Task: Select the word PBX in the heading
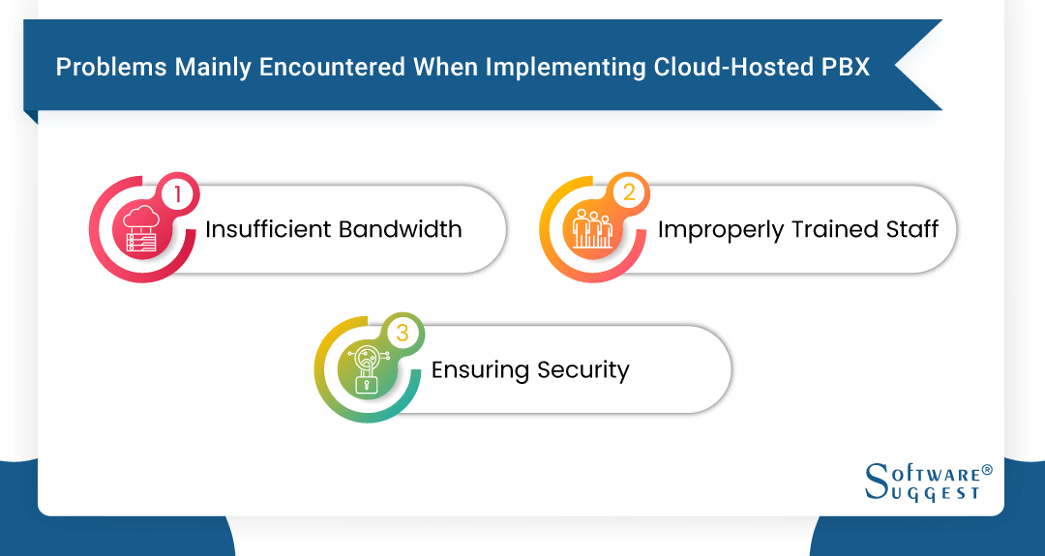tap(846, 68)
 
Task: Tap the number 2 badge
tap(628, 193)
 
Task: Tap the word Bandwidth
tap(400, 229)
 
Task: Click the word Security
tap(582, 370)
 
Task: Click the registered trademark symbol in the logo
tap(987, 469)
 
